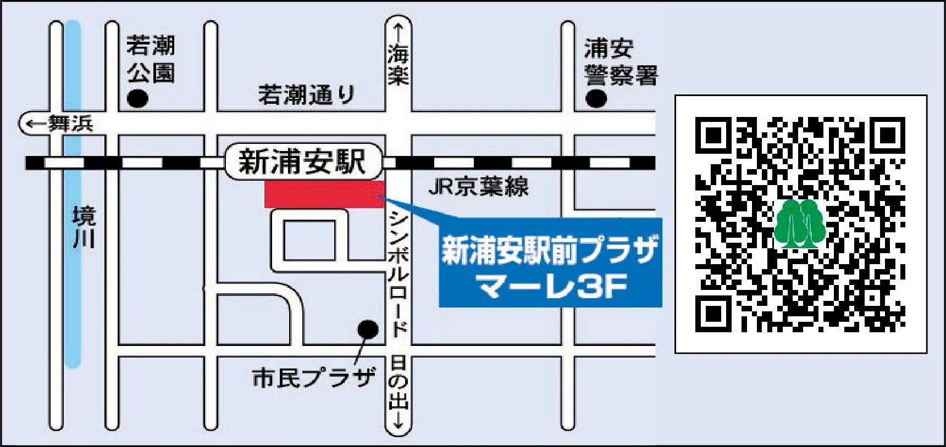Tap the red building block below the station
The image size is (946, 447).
tap(324, 194)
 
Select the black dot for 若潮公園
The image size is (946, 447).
tap(137, 99)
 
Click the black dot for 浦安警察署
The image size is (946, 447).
tap(596, 99)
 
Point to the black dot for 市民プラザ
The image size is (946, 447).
tap(368, 329)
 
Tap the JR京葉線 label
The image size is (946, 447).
tap(478, 187)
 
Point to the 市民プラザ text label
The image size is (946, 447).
tap(313, 378)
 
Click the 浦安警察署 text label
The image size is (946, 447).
tap(620, 62)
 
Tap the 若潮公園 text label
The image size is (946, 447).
tap(151, 59)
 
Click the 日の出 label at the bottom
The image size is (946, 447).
tap(399, 387)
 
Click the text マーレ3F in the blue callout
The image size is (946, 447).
tap(551, 287)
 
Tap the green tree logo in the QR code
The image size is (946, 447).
tap(800, 224)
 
